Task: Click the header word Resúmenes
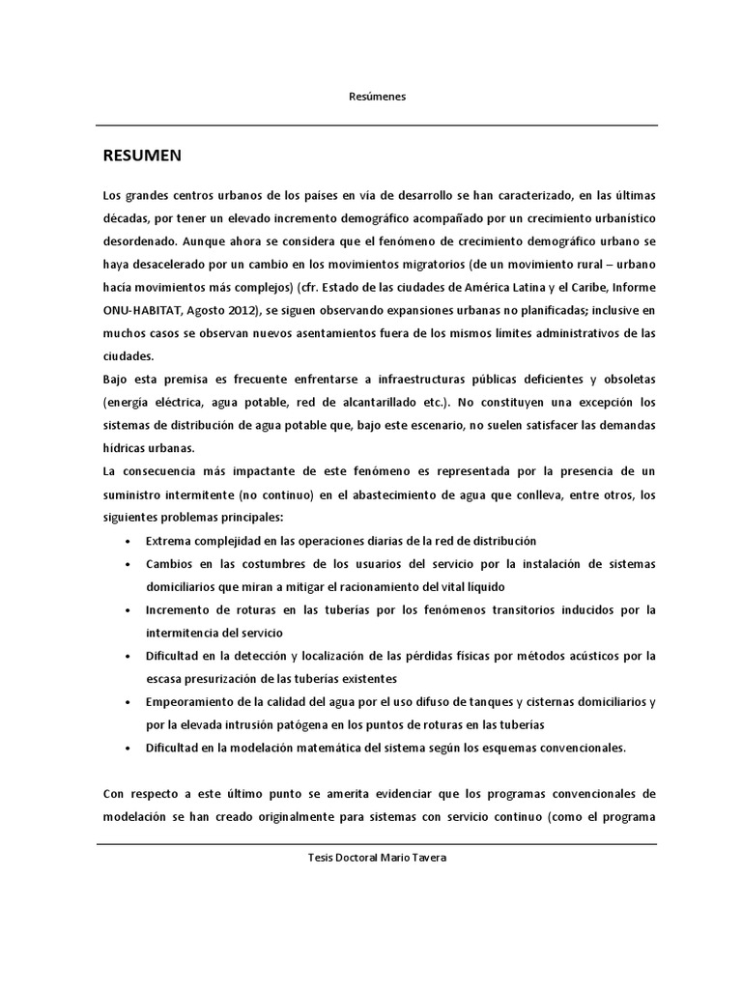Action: (378, 97)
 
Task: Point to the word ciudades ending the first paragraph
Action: (128, 355)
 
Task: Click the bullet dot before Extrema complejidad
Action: (128, 541)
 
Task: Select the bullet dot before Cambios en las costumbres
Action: (128, 564)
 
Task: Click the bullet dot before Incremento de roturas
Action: (128, 610)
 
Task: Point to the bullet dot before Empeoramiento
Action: (128, 702)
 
